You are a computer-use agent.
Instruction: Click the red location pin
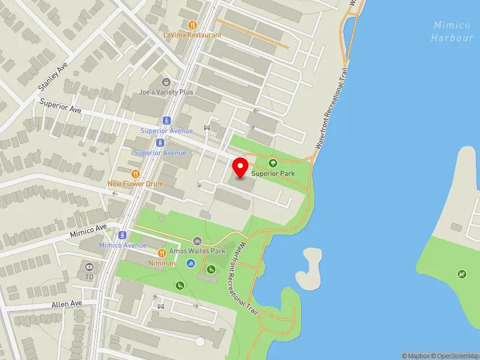coord(241,167)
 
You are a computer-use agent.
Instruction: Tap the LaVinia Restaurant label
coord(192,35)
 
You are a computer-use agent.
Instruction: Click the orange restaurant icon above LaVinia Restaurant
coord(192,25)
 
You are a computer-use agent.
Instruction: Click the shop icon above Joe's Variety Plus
coord(166,82)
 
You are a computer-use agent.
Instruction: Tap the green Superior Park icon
coord(273,163)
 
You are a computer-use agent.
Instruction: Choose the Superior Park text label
coord(274,173)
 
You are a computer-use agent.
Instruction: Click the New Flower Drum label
coord(136,184)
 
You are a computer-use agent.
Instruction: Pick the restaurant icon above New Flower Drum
coord(136,173)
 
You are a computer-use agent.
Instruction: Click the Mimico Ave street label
coord(88,229)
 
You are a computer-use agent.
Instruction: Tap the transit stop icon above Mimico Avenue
coord(122,235)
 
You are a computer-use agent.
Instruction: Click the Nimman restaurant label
coord(162,263)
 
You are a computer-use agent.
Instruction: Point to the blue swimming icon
coord(190,263)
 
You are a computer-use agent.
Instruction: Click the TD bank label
coord(89,277)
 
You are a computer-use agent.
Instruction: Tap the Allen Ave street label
coord(67,304)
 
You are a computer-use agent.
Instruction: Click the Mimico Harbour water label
coord(452,31)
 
